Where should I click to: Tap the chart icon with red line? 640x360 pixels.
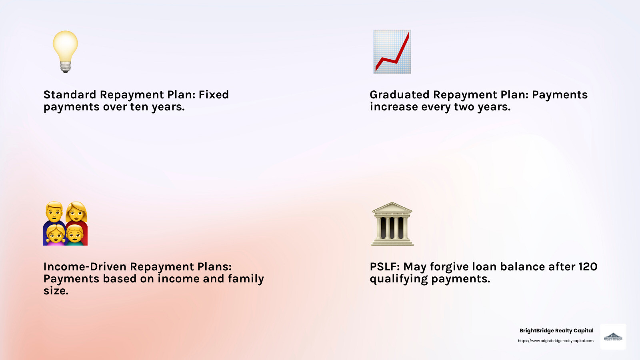(392, 52)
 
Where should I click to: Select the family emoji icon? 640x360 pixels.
(65, 224)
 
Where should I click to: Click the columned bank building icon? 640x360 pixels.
(392, 224)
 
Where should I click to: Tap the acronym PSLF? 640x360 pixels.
(384, 267)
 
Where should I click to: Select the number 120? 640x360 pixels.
(588, 267)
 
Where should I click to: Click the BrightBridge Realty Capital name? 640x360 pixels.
(556, 330)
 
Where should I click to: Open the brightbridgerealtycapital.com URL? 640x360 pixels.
(556, 341)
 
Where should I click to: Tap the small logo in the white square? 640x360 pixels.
(613, 337)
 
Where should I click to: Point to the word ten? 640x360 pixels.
(139, 107)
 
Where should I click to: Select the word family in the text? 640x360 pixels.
(246, 279)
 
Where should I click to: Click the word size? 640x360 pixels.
(55, 291)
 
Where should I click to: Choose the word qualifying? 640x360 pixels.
(398, 279)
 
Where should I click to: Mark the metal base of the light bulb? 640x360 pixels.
(66, 67)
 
